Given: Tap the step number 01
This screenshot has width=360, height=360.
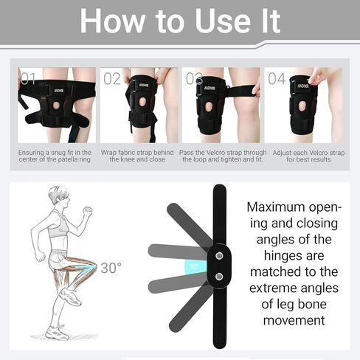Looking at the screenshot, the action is [x=28, y=79].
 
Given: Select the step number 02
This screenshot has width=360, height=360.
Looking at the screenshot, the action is [x=112, y=79].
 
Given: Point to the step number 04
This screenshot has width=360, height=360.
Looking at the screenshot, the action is [x=277, y=79].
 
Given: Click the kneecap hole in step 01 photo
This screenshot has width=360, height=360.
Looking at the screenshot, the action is [x=56, y=105].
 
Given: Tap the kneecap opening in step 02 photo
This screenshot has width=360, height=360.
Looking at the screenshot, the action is [x=142, y=102].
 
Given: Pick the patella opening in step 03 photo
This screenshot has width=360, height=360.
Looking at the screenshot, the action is [x=209, y=107].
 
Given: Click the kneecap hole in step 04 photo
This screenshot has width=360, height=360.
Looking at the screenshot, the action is [x=302, y=106].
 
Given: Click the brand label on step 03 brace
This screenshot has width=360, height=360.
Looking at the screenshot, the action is [x=210, y=88].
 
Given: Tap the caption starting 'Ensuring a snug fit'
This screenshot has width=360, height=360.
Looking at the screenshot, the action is [x=55, y=156].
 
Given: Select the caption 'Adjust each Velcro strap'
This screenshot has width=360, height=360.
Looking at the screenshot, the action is [x=308, y=156].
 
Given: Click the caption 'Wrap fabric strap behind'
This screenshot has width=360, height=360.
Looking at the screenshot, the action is [x=137, y=156].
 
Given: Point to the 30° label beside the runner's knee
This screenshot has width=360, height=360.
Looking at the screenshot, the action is [x=111, y=268].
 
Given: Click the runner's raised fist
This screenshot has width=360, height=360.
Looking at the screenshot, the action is [x=88, y=211].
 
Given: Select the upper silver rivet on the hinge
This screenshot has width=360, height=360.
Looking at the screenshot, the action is [x=219, y=256].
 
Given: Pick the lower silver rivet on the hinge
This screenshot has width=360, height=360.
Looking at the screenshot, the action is [x=219, y=277].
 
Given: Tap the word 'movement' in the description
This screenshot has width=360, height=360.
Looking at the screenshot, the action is [x=294, y=320].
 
